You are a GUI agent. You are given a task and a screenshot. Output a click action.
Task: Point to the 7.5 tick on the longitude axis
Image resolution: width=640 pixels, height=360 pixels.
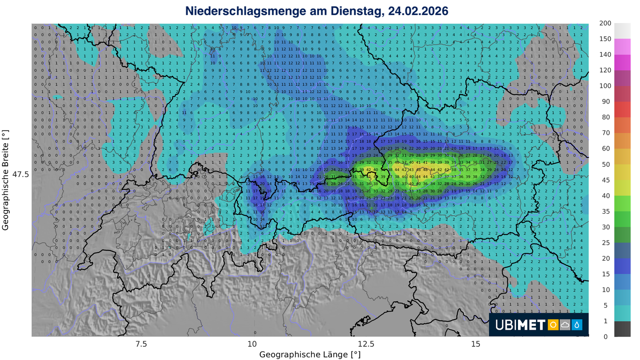click(141, 344)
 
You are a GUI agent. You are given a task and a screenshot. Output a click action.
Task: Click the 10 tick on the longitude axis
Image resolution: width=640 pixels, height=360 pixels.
click(252, 344)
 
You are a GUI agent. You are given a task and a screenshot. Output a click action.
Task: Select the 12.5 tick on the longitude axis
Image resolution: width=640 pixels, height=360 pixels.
click(366, 344)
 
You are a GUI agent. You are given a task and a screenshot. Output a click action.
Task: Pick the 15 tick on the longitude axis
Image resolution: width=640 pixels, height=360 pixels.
click(476, 344)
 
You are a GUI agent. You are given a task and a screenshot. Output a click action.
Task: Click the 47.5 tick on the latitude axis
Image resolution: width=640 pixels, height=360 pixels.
click(20, 174)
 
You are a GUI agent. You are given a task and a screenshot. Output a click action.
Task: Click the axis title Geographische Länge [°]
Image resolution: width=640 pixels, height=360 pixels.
click(310, 354)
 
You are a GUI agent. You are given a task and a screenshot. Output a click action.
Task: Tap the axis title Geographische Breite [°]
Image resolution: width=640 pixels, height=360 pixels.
click(6, 180)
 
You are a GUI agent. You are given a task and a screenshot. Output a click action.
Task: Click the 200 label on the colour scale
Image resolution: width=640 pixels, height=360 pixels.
click(605, 23)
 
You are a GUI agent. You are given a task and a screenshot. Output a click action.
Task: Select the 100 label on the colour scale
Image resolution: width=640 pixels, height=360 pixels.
click(605, 86)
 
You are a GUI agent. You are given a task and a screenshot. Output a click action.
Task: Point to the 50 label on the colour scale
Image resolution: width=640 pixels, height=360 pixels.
click(606, 164)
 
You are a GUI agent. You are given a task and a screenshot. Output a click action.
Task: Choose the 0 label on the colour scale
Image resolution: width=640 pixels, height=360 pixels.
click(605, 337)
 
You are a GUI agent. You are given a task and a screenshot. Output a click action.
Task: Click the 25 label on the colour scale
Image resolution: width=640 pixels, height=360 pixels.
click(606, 243)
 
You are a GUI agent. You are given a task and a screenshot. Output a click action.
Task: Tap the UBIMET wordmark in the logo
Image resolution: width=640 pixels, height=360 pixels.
click(520, 325)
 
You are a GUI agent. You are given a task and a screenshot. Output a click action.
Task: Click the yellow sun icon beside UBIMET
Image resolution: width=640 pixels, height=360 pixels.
click(553, 325)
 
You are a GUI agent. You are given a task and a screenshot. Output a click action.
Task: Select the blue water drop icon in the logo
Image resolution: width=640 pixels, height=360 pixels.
click(577, 325)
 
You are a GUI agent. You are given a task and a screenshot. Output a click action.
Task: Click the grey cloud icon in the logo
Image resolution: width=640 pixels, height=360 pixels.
click(565, 325)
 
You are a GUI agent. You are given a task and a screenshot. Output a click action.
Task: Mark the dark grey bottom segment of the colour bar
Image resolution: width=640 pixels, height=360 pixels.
click(622, 329)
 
